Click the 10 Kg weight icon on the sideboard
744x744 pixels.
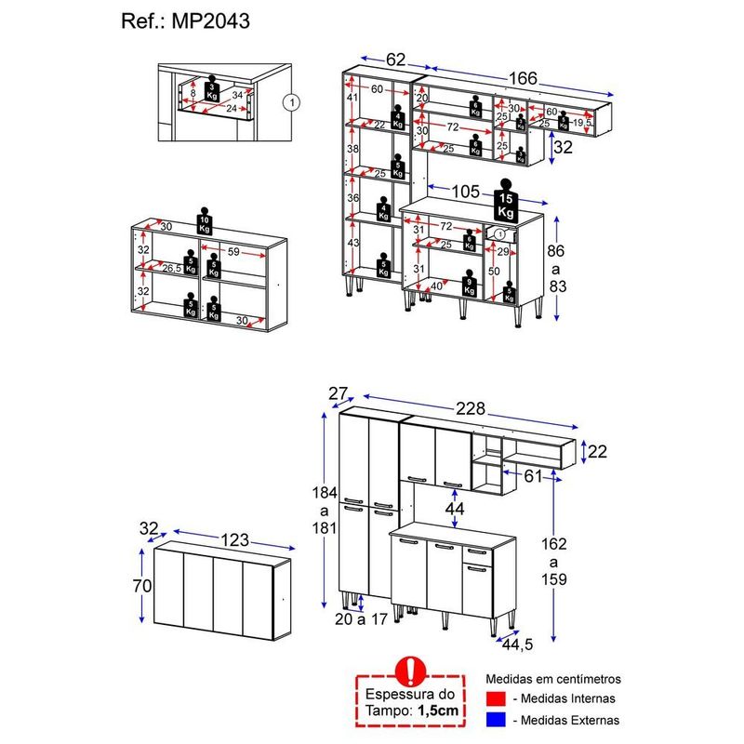tap(204, 220)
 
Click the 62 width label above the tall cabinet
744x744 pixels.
tap(396, 60)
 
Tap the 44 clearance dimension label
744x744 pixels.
tap(455, 509)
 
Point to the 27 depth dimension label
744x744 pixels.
tap(337, 393)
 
